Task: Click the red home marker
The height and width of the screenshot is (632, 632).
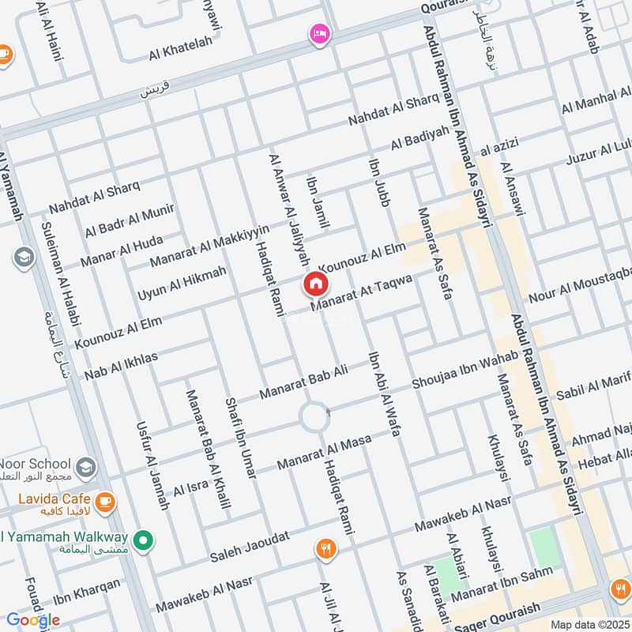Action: [315, 284]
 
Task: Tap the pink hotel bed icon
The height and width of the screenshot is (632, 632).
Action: [320, 33]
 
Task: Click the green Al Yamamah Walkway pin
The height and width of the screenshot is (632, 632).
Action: [143, 540]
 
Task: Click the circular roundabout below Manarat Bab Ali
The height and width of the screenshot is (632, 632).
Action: [315, 416]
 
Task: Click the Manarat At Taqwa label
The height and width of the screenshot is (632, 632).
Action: [363, 293]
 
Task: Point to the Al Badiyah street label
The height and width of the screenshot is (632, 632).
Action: [419, 140]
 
